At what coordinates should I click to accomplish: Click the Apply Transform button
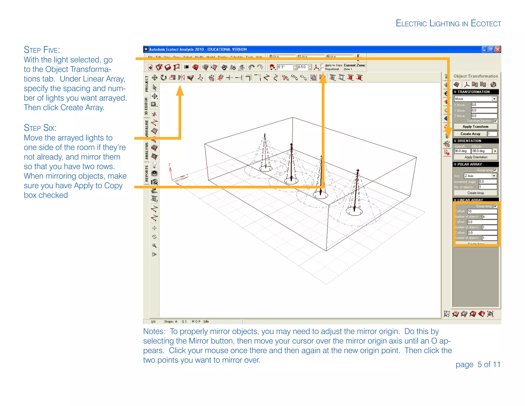click(475, 127)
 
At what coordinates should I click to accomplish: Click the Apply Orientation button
click(476, 157)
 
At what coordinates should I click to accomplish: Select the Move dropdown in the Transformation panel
click(475, 99)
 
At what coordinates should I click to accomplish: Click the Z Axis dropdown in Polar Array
click(480, 176)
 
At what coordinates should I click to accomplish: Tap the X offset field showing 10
click(482, 211)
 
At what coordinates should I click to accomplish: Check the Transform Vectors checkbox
click(495, 121)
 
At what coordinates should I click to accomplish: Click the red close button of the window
click(497, 49)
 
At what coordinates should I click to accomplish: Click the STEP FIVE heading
click(42, 50)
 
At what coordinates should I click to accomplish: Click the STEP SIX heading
click(40, 128)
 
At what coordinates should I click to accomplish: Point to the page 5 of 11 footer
click(478, 364)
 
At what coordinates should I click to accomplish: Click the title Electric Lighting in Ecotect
click(448, 24)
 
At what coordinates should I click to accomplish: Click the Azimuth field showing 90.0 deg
click(462, 151)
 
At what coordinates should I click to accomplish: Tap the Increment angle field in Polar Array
click(488, 181)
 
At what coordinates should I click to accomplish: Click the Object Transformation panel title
click(476, 76)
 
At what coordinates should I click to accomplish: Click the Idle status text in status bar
click(206, 322)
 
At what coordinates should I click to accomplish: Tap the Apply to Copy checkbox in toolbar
click(322, 65)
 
